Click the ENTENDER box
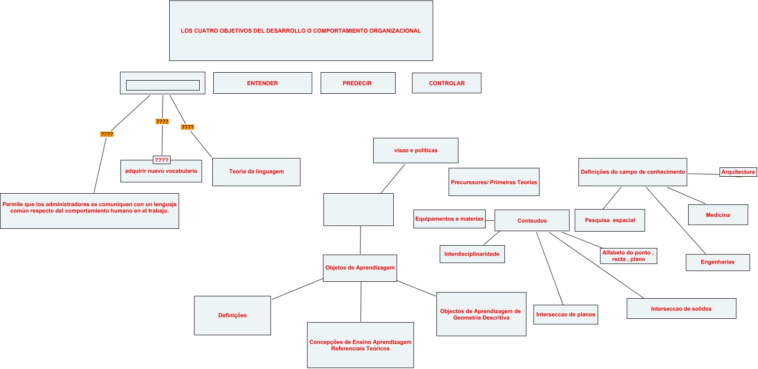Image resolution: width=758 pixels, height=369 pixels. coord(263,83)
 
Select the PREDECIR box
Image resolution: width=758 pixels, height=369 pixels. coord(358,83)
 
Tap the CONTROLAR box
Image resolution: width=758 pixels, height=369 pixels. coord(446,83)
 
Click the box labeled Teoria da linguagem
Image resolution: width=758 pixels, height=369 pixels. coord(256,172)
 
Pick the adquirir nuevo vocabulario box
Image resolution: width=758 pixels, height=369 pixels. coord(161,171)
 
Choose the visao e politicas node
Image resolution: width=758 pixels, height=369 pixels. coord(415,151)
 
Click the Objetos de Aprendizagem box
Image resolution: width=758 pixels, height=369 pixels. coord(360,268)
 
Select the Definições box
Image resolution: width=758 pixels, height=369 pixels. coord(232,316)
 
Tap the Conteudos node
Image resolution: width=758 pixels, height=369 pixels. coord(532,220)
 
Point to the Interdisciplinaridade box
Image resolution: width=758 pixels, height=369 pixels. coord(472,254)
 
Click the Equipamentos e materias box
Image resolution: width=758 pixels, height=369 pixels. coord(449,219)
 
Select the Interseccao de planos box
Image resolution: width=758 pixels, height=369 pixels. coord(565,315)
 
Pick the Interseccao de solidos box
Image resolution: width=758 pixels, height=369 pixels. coord(681,309)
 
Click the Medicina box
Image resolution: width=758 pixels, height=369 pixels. coord(717,215)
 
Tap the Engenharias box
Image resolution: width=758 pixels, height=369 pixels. coord(717,262)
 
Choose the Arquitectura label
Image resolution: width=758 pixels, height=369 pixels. coord(738,172)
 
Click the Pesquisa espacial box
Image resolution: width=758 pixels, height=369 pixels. coord(609,220)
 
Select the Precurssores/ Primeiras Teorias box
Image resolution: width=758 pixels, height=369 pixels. coord(494,182)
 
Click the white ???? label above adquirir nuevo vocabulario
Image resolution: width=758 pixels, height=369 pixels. coord(161,160)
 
